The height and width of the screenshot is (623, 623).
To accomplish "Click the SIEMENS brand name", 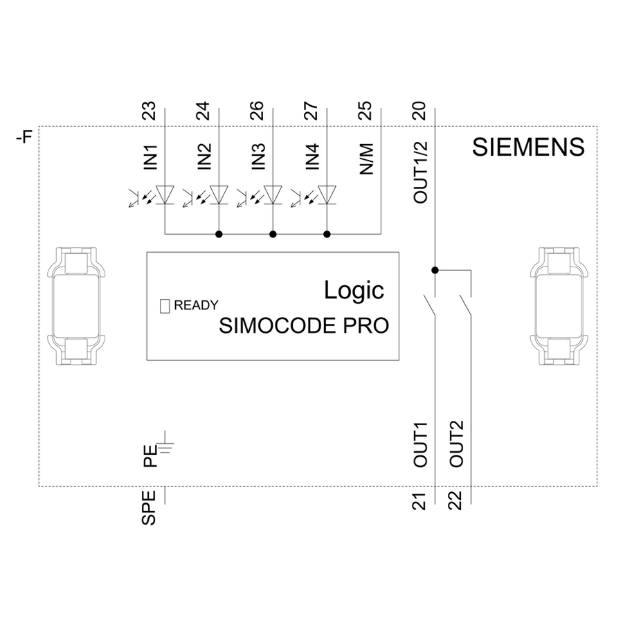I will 528,148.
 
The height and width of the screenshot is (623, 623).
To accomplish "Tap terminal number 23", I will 150,110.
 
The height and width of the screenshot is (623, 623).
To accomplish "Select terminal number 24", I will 204,110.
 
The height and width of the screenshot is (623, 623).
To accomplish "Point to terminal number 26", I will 258,110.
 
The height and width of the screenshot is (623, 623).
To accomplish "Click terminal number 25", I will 366,110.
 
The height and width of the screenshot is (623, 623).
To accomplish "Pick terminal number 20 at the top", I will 420,110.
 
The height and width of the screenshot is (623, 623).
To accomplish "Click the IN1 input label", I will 150,158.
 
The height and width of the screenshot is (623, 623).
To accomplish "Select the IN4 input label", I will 312,158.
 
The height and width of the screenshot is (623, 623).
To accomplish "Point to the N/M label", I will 366,159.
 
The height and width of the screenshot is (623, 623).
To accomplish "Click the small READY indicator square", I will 165,305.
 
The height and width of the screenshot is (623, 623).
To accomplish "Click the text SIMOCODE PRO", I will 303,326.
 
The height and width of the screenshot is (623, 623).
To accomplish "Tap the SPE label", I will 150,507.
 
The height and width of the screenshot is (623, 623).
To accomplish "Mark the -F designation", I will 24,138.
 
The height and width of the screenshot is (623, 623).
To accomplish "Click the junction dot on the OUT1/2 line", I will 435,269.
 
